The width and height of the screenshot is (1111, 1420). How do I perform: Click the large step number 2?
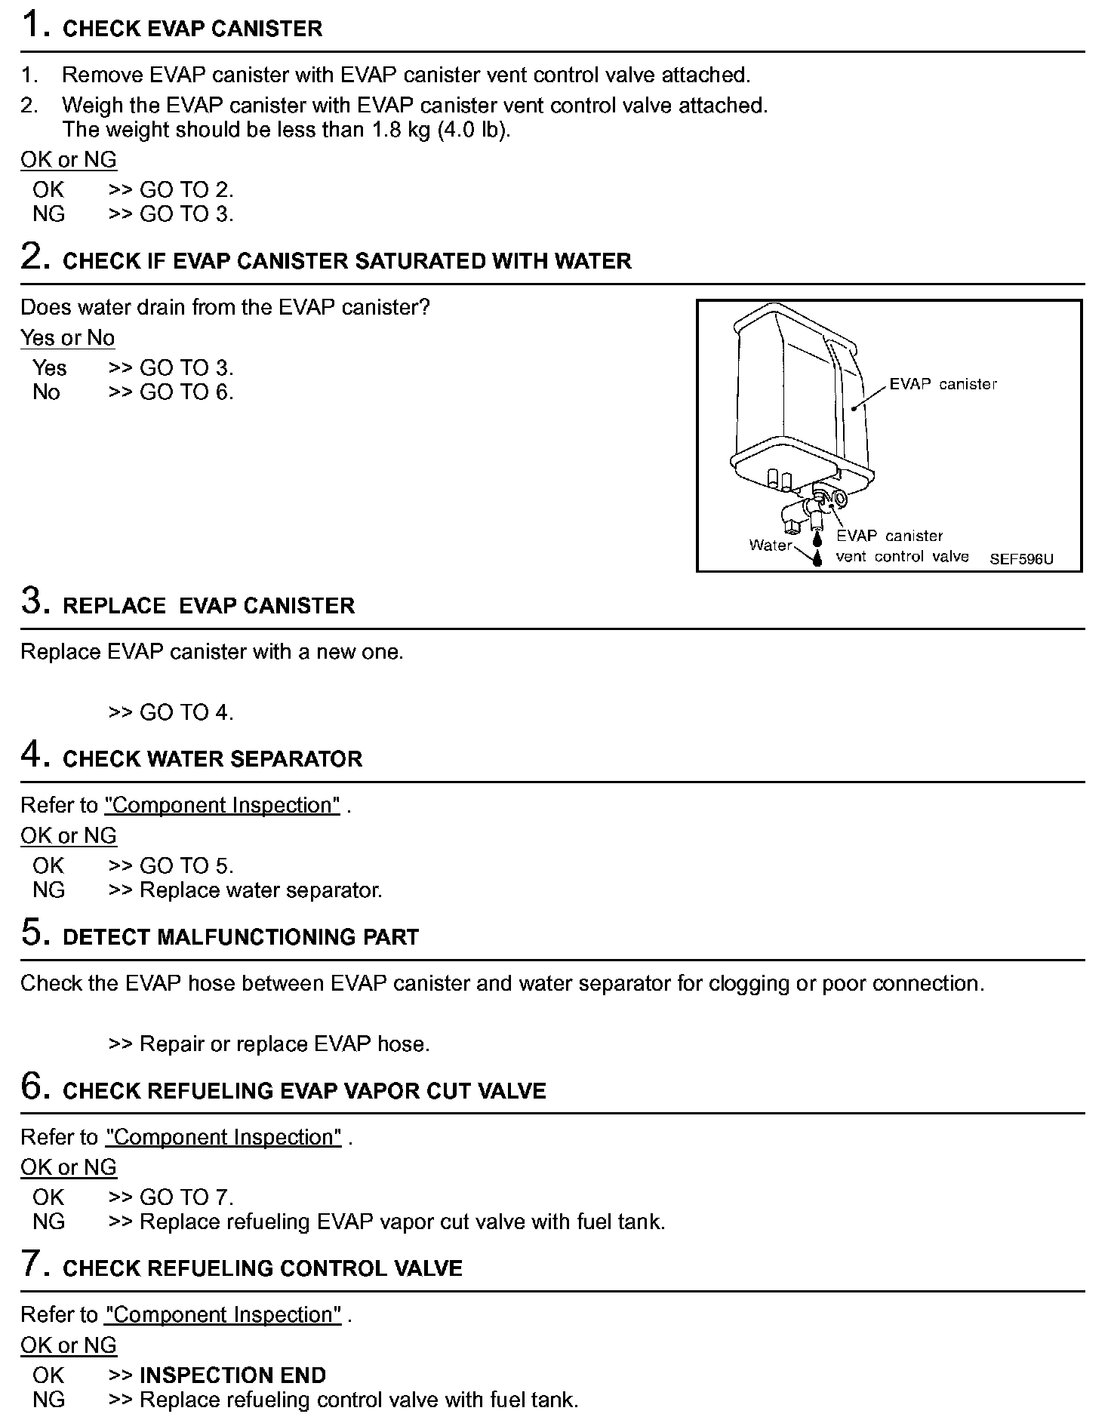pyautogui.click(x=35, y=257)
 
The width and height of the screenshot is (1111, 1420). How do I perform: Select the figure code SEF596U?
pyautogui.click(x=1021, y=559)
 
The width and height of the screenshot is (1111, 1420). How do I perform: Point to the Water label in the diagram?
pyautogui.click(x=770, y=545)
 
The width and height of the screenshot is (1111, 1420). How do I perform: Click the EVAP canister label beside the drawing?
pyautogui.click(x=943, y=384)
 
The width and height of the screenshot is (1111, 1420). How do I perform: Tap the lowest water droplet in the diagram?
pyautogui.click(x=817, y=558)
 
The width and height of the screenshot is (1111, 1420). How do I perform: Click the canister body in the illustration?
pyautogui.click(x=792, y=392)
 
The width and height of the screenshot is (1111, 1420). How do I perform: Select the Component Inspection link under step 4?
pyautogui.click(x=222, y=805)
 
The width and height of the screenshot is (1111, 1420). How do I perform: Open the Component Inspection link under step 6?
pyautogui.click(x=223, y=1137)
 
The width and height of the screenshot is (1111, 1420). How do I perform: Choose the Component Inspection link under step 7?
pyautogui.click(x=223, y=1314)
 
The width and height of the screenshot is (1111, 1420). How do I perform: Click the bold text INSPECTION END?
pyautogui.click(x=233, y=1375)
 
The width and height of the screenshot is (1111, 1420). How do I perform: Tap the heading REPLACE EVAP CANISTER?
pyautogui.click(x=208, y=606)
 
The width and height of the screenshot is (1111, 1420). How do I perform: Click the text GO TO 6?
pyautogui.click(x=186, y=392)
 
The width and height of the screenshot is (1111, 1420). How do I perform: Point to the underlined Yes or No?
pyautogui.click(x=67, y=338)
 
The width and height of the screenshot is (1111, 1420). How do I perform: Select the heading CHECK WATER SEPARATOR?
pyautogui.click(x=212, y=759)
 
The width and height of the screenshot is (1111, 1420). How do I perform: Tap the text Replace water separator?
pyautogui.click(x=261, y=890)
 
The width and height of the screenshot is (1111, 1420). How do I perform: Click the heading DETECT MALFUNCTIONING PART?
pyautogui.click(x=240, y=937)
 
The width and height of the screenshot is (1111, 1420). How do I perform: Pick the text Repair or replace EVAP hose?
pyautogui.click(x=285, y=1044)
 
